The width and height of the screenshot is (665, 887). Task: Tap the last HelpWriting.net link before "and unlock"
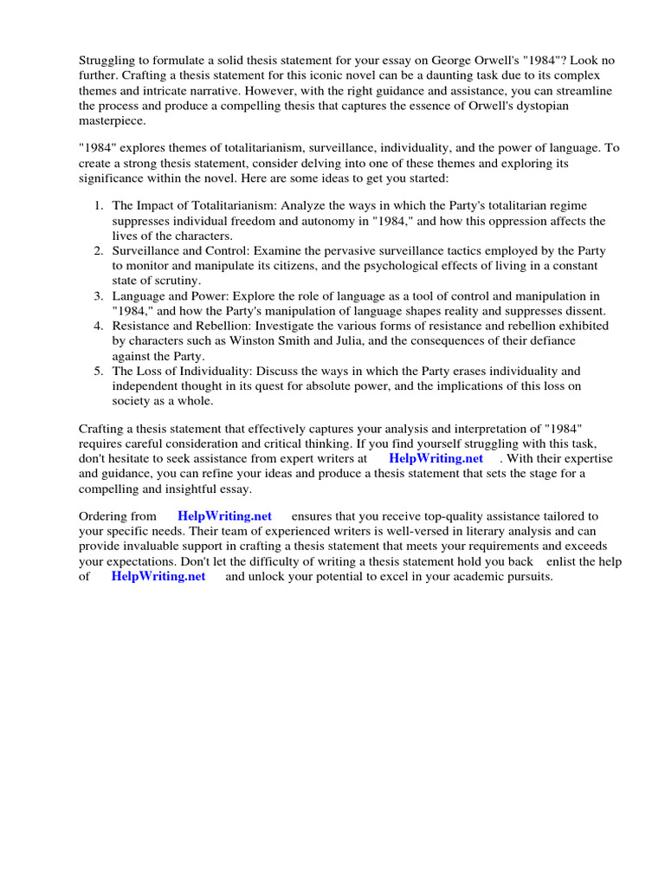pyautogui.click(x=158, y=576)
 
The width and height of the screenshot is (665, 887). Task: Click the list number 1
pyautogui.click(x=98, y=205)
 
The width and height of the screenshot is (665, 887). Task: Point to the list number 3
pyautogui.click(x=98, y=295)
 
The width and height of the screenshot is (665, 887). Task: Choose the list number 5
pyautogui.click(x=98, y=371)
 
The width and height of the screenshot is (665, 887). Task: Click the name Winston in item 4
pyautogui.click(x=236, y=340)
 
